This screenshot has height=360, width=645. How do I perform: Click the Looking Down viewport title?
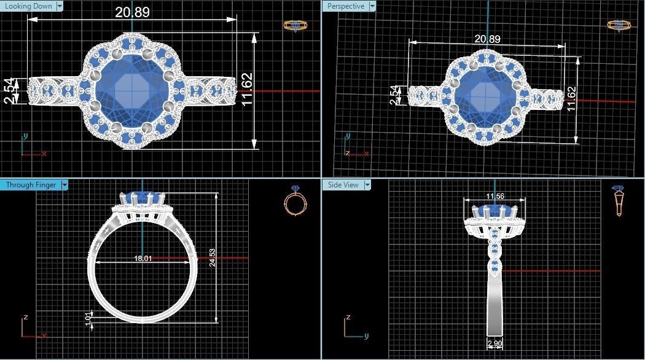[28, 6]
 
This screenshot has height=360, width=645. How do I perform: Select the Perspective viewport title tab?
[345, 6]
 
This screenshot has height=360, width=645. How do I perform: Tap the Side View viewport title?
[343, 184]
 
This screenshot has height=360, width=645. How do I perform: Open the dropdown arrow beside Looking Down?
[59, 6]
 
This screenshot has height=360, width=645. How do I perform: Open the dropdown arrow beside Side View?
[368, 184]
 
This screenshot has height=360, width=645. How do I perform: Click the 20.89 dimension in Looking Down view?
[131, 12]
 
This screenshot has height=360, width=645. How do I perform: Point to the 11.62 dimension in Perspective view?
[571, 98]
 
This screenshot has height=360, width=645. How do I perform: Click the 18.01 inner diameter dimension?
[143, 259]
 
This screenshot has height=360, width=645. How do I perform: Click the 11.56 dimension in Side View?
[495, 196]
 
